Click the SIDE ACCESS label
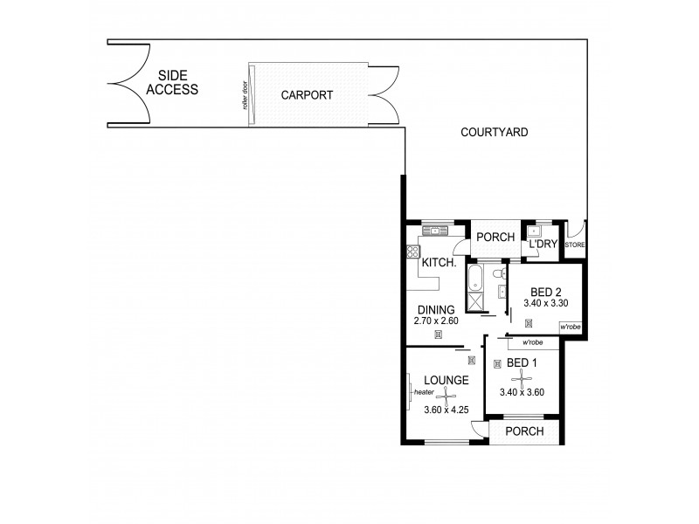pos(172,82)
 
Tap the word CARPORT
pos(307,95)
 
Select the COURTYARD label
pos(495,133)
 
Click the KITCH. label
pos(436,262)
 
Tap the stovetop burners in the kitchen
pos(412,253)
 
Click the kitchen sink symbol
pos(433,231)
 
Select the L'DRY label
pos(543,245)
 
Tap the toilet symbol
pos(499,278)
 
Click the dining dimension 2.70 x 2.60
pos(436,321)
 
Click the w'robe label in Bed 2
pos(571,327)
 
